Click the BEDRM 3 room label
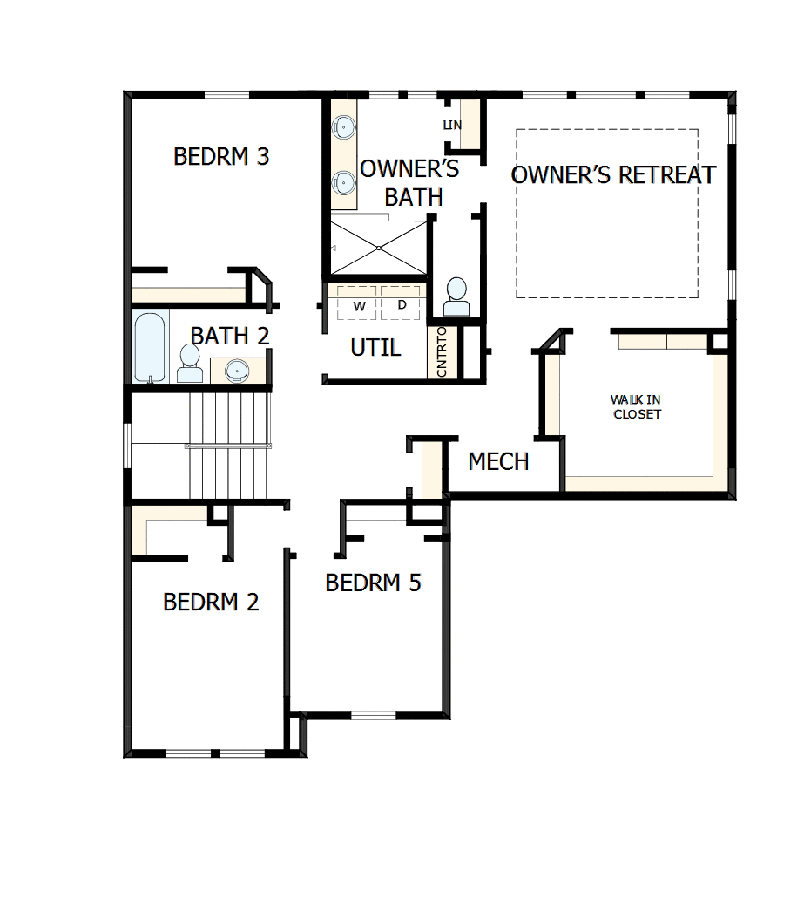(x=221, y=157)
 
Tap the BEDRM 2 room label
(x=211, y=602)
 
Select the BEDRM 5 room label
(x=373, y=583)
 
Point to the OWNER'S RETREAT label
(x=613, y=174)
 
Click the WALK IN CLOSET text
(x=636, y=406)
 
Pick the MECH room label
(x=498, y=461)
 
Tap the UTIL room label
(x=375, y=348)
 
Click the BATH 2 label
(x=230, y=336)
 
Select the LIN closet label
(x=452, y=126)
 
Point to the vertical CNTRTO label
(x=442, y=352)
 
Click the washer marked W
(x=359, y=305)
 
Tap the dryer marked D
(x=402, y=304)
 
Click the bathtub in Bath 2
(x=149, y=347)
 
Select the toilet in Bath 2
(x=190, y=364)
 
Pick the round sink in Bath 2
(x=237, y=371)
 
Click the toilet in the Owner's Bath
(x=456, y=297)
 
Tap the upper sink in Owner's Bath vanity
(x=344, y=127)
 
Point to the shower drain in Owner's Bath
(x=379, y=248)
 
